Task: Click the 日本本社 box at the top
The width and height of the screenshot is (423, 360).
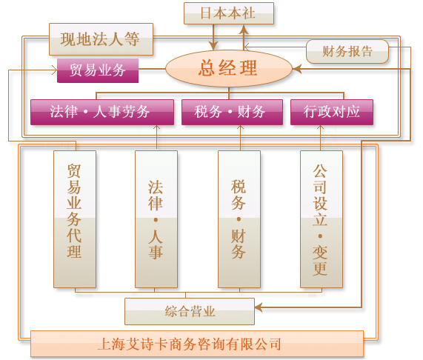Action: point(229,13)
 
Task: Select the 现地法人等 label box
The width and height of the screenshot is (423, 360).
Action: point(101,39)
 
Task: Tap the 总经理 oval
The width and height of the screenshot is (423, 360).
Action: point(229,68)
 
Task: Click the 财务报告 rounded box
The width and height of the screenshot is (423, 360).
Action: point(347,51)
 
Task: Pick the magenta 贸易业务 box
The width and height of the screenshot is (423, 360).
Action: point(98,70)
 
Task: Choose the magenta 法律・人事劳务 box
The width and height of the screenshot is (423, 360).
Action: point(102,112)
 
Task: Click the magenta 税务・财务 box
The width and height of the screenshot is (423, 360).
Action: point(232,112)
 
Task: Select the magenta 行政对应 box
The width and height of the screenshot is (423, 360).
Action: point(332,112)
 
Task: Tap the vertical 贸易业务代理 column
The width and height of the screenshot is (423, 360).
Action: point(75,219)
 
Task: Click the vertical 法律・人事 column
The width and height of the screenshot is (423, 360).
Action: point(156,219)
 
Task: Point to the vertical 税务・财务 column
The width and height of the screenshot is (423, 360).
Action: point(239,219)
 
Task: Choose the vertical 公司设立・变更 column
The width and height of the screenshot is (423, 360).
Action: point(322,219)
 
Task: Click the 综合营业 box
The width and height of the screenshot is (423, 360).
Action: point(190,311)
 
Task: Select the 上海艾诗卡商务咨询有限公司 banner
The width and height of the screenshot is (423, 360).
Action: point(197,344)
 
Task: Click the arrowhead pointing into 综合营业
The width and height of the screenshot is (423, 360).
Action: point(258,307)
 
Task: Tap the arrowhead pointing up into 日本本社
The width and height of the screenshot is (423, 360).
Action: point(244,30)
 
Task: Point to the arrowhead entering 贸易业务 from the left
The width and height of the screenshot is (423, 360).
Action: point(54,70)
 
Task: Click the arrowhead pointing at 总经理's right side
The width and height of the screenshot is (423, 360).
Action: point(297,69)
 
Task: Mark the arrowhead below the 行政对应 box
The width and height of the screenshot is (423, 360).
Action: point(320,128)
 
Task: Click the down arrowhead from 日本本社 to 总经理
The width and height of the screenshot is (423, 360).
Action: point(213,46)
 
